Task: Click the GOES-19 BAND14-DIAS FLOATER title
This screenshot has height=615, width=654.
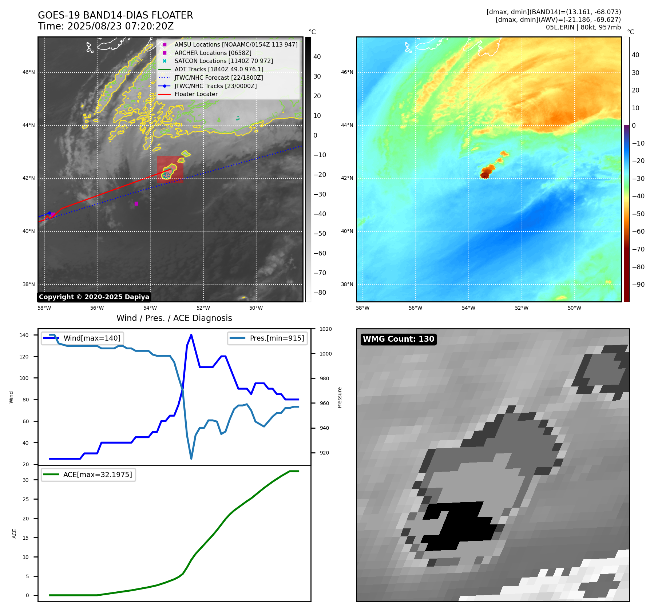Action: click(x=115, y=15)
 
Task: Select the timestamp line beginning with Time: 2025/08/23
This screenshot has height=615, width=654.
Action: click(x=106, y=26)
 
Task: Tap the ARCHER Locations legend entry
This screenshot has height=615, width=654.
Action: click(x=213, y=53)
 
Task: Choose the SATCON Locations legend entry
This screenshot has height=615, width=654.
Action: click(x=223, y=61)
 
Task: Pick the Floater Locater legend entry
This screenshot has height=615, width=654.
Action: click(x=196, y=94)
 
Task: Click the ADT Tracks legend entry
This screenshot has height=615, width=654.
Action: click(x=219, y=69)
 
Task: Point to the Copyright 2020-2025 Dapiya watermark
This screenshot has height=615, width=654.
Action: click(x=94, y=297)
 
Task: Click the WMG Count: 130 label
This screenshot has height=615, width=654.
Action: click(x=399, y=339)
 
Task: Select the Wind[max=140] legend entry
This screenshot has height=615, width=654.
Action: click(x=92, y=338)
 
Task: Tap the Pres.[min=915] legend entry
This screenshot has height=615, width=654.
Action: click(x=277, y=338)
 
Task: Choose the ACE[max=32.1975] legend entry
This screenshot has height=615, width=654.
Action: click(x=98, y=475)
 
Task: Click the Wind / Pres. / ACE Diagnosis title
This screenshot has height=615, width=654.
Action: click(x=174, y=318)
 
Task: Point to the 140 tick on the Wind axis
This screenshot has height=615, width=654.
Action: click(x=24, y=335)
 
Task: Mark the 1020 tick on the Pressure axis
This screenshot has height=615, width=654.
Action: click(x=326, y=329)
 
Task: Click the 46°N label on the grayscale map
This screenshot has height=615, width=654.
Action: click(x=29, y=72)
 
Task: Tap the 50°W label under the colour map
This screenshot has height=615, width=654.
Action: click(x=574, y=308)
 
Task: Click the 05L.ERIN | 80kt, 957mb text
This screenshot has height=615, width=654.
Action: click(x=583, y=27)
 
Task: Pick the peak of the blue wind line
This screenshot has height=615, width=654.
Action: click(x=191, y=335)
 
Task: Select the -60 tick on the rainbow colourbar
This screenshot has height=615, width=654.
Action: click(x=638, y=231)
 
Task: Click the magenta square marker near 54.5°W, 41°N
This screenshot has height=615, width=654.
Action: click(x=136, y=203)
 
